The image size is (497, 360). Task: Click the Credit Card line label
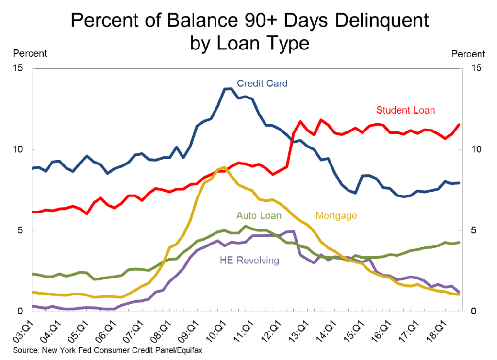point(262,83)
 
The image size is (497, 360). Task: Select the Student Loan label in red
point(405,110)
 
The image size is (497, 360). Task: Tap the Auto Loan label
point(259,215)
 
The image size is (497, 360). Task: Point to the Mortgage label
point(336,215)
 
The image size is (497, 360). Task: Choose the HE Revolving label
point(249,261)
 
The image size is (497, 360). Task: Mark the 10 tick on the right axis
point(476,149)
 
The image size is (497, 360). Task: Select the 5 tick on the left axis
point(20,230)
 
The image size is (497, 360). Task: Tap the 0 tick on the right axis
point(474,311)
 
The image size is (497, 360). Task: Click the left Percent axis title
point(30,53)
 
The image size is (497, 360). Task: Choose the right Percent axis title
point(468,54)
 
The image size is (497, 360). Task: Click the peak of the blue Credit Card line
point(227,89)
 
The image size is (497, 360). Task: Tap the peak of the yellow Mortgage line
point(224,167)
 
